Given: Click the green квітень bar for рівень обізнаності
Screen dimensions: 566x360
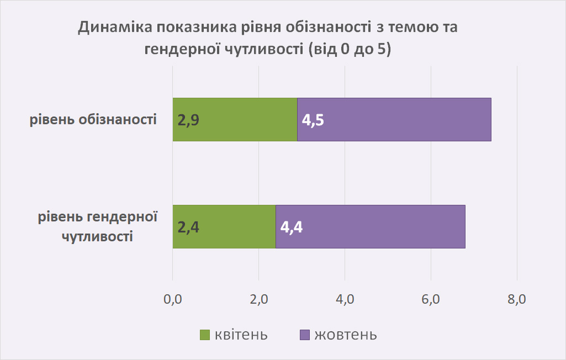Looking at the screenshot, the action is [x=235, y=119].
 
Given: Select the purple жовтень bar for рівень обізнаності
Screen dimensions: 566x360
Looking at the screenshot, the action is [x=394, y=119].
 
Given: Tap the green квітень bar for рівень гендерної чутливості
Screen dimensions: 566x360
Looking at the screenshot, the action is [x=224, y=227].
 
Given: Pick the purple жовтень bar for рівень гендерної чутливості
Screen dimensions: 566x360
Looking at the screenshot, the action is [x=371, y=227].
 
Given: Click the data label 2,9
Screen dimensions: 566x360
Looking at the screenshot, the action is [x=188, y=120].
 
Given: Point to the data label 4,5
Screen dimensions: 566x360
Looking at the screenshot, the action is [x=313, y=120].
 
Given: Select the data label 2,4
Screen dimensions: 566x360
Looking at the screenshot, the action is [x=188, y=227].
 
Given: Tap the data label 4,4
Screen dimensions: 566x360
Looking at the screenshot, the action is [x=292, y=227].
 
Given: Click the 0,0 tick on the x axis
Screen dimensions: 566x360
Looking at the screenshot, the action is [x=172, y=299].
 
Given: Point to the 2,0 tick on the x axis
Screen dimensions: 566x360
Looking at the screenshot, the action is [x=259, y=299].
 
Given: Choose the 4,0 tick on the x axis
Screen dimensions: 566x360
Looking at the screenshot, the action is [x=345, y=299].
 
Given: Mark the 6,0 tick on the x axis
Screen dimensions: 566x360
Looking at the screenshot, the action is [x=431, y=299].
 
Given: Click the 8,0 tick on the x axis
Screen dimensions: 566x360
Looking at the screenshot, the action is [x=517, y=299].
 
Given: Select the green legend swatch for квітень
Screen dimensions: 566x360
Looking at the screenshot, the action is [x=205, y=335].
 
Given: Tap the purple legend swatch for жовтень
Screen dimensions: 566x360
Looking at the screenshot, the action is [x=305, y=335].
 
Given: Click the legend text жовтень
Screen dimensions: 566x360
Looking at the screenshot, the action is [x=346, y=335].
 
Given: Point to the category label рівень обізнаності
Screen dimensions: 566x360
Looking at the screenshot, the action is [x=93, y=119].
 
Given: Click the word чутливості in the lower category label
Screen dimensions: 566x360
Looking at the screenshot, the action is [x=97, y=237].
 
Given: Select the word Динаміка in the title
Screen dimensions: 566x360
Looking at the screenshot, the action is [x=115, y=28].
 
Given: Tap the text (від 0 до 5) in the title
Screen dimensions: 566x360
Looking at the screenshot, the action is [x=350, y=49].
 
